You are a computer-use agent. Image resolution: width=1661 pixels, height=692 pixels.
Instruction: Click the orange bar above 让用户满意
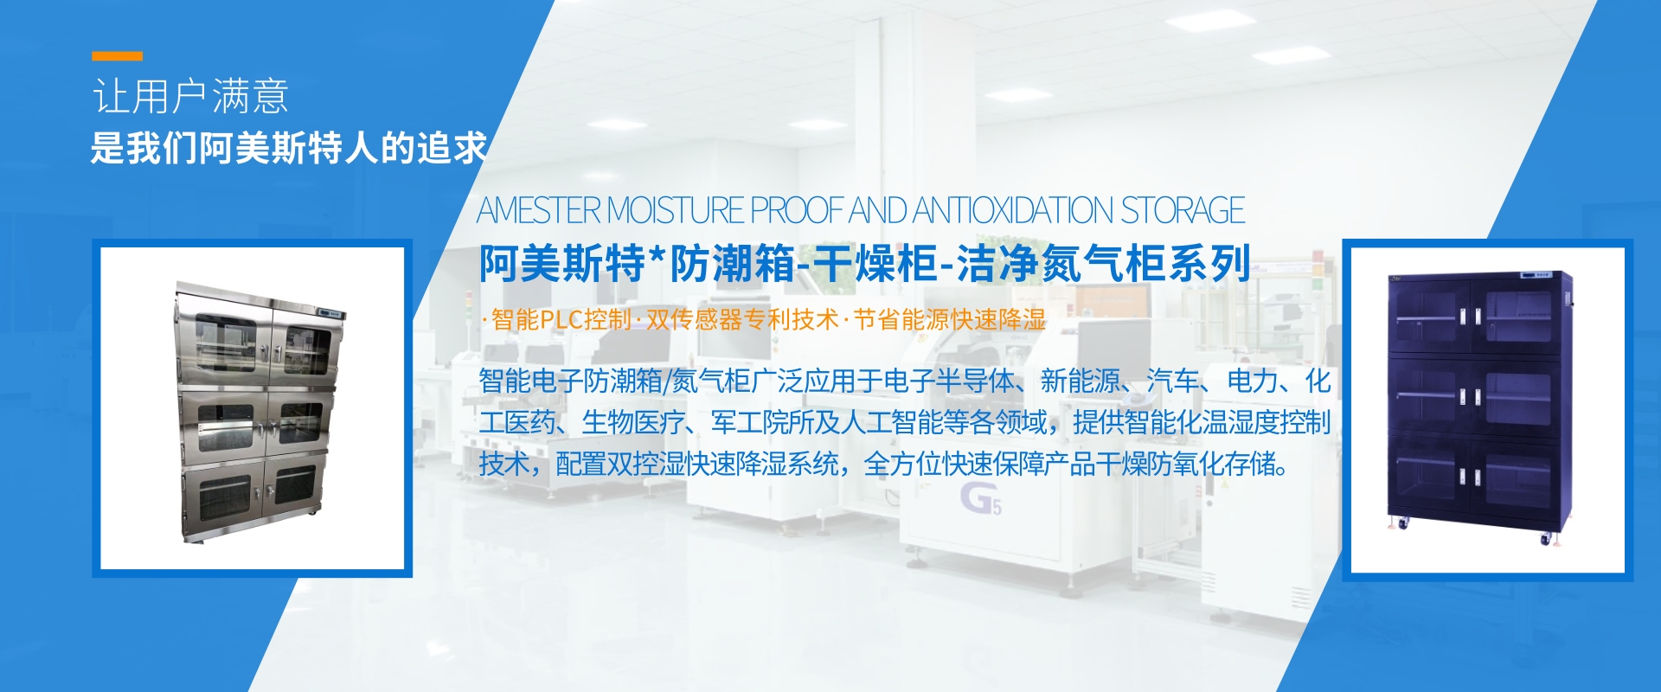click(x=118, y=56)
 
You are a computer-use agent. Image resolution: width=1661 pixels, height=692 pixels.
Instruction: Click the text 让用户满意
click(x=190, y=96)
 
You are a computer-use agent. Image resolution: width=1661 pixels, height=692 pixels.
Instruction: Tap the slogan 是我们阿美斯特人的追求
click(x=289, y=148)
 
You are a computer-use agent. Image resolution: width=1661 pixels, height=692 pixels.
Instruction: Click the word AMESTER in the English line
click(x=539, y=210)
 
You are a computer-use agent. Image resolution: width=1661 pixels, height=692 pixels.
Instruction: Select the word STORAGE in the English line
click(x=1183, y=210)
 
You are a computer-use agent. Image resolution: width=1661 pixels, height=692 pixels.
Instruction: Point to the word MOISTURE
click(x=676, y=210)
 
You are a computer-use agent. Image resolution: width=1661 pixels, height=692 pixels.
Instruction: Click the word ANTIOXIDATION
click(x=1013, y=210)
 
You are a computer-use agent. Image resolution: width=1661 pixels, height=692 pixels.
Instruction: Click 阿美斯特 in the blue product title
click(x=562, y=263)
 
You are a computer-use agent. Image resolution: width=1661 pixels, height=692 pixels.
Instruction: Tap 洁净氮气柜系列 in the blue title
click(x=1105, y=263)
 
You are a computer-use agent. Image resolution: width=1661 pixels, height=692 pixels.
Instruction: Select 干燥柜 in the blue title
click(x=875, y=263)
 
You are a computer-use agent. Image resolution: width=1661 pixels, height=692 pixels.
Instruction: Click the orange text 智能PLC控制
click(x=561, y=319)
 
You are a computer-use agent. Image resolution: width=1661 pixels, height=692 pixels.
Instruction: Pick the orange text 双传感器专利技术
click(x=742, y=319)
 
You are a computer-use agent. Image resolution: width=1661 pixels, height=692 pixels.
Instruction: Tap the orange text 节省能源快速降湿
click(x=950, y=319)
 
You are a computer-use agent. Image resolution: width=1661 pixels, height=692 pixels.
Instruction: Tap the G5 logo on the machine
click(x=981, y=499)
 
